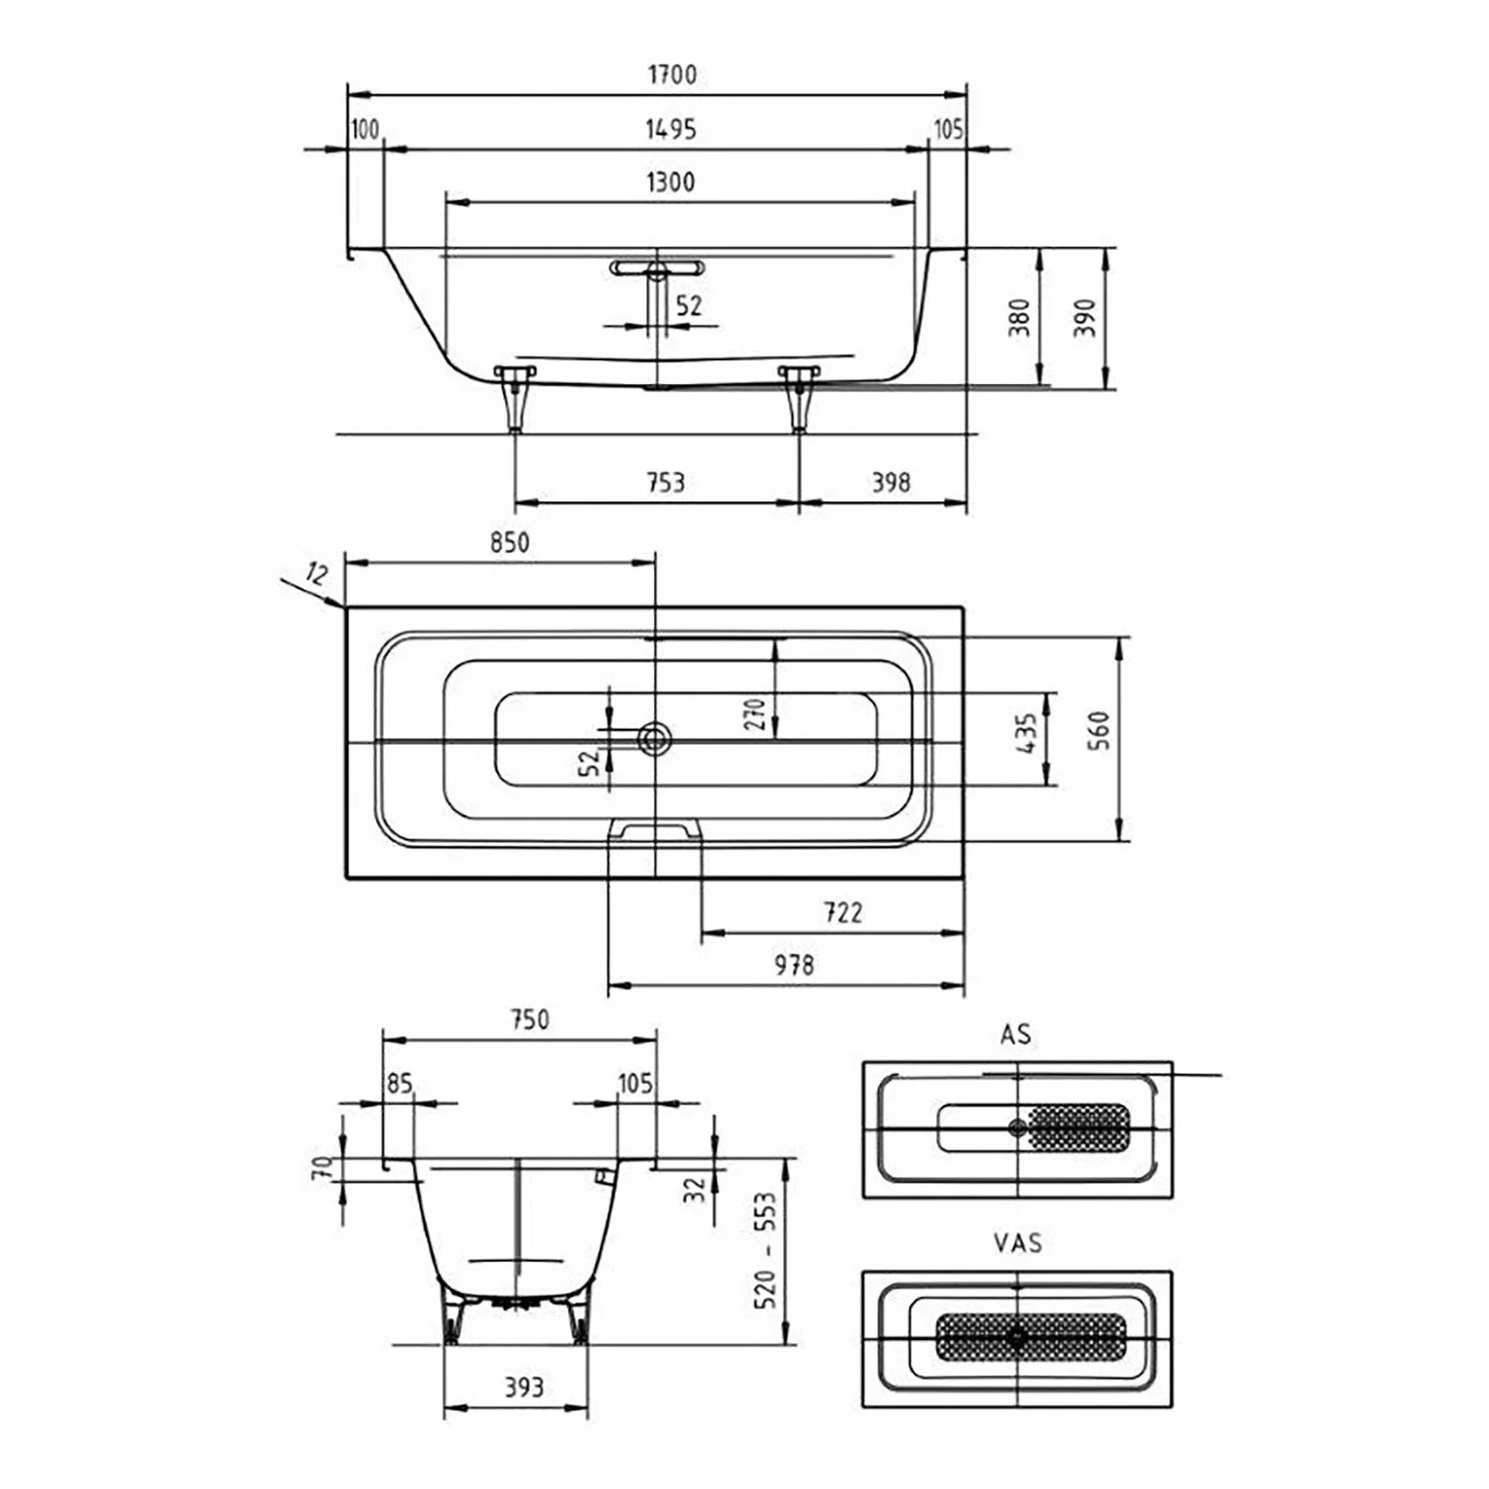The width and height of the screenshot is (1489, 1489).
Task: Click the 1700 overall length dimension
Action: pyautogui.click(x=672, y=74)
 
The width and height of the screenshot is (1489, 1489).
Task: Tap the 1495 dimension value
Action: pyautogui.click(x=671, y=129)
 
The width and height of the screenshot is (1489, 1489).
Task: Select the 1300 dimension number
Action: pyautogui.click(x=671, y=182)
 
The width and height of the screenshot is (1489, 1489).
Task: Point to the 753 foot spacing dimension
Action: pyautogui.click(x=665, y=482)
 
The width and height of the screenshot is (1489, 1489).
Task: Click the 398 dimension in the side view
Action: pyautogui.click(x=890, y=482)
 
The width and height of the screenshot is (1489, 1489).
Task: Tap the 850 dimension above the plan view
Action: pyautogui.click(x=509, y=543)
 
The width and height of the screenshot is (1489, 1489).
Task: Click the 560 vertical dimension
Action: pyautogui.click(x=1099, y=731)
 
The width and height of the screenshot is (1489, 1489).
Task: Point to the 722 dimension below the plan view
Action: pyautogui.click(x=843, y=912)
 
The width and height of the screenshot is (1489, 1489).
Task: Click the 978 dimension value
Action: pyautogui.click(x=794, y=965)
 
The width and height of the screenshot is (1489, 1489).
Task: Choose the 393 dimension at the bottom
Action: pyautogui.click(x=523, y=1387)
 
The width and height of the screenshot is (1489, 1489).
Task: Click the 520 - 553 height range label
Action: pyautogui.click(x=765, y=1251)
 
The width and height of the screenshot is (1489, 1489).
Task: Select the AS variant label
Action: pyautogui.click(x=1015, y=1034)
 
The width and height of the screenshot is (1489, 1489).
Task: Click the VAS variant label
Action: pyautogui.click(x=1017, y=1243)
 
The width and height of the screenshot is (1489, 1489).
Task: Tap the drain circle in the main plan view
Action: pyautogui.click(x=655, y=738)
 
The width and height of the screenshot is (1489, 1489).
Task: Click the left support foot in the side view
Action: pyautogui.click(x=514, y=398)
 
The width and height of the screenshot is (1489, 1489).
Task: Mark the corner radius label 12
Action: pyautogui.click(x=318, y=574)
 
